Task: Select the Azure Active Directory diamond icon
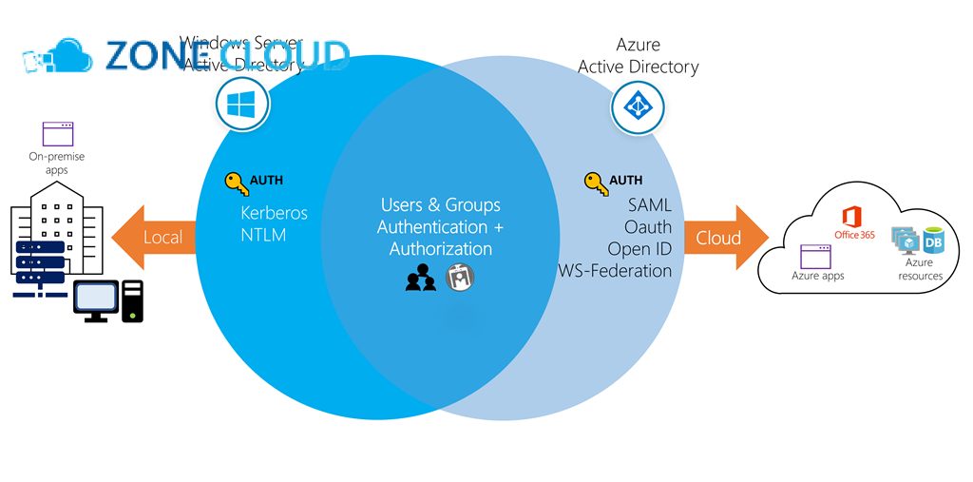click(638, 106)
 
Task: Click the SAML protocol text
click(650, 206)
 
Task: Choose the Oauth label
click(648, 228)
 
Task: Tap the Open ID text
click(640, 249)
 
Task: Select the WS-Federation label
click(615, 271)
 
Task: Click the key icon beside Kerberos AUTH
click(236, 182)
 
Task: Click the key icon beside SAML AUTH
click(595, 182)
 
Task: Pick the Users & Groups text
click(440, 205)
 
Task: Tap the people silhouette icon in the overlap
click(420, 280)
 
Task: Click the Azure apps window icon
click(816, 256)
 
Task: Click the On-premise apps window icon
click(58, 134)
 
